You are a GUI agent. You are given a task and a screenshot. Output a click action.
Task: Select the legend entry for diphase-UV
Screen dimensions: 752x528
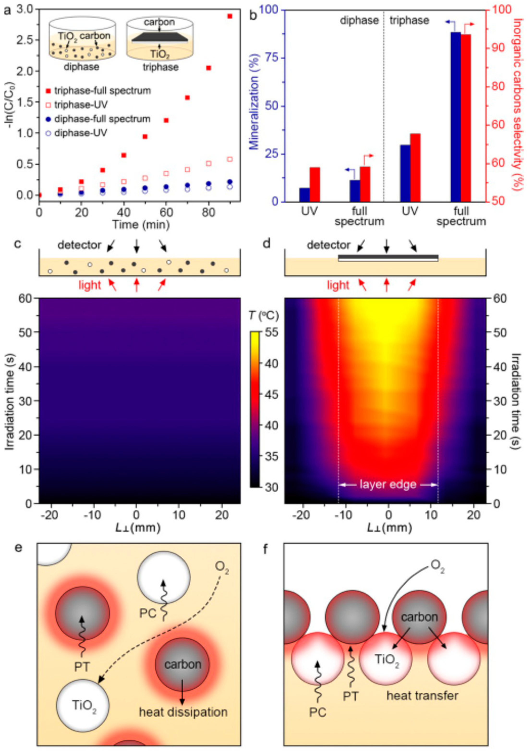(80, 133)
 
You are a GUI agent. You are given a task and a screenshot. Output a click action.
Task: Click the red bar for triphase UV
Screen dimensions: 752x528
(415, 167)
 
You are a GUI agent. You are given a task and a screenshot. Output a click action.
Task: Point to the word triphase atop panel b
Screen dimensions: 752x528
(409, 20)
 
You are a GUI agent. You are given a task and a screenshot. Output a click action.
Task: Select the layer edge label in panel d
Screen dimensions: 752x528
(388, 484)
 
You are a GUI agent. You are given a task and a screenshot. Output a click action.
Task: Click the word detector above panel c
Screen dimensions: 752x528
(79, 245)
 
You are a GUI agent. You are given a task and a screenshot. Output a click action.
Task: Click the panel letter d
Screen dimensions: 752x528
(267, 244)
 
